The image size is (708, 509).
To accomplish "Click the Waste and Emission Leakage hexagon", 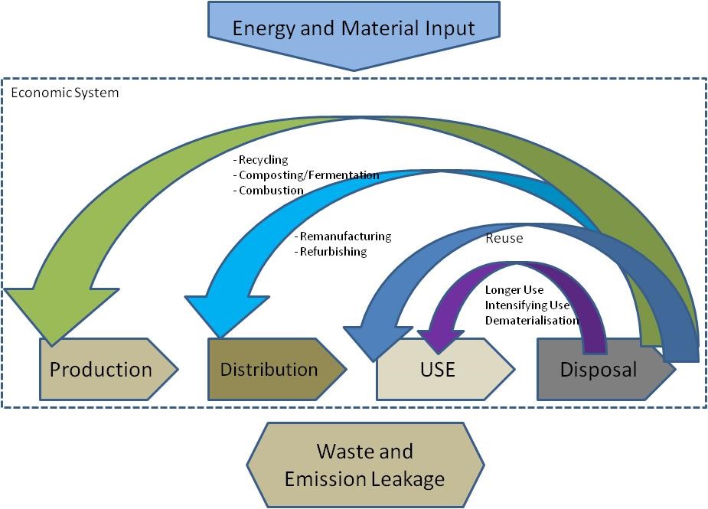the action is tap(365, 465).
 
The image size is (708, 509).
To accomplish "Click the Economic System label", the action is tap(64, 93).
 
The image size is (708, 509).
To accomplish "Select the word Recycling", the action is tap(263, 159).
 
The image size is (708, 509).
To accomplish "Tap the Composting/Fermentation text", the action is tap(309, 175).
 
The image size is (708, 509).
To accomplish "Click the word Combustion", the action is tap(271, 190).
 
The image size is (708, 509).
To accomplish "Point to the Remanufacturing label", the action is tap(345, 237).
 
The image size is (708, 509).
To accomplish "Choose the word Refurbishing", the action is tap(333, 252).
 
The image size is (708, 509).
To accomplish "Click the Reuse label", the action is tap(504, 238).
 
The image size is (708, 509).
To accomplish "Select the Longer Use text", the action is tap(514, 290).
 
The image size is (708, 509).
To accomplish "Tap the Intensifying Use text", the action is tap(527, 305).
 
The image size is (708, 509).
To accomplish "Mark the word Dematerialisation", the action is tap(532, 321).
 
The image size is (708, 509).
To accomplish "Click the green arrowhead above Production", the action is tap(60, 312).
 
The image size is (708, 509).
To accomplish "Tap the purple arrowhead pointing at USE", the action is tap(439, 340).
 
